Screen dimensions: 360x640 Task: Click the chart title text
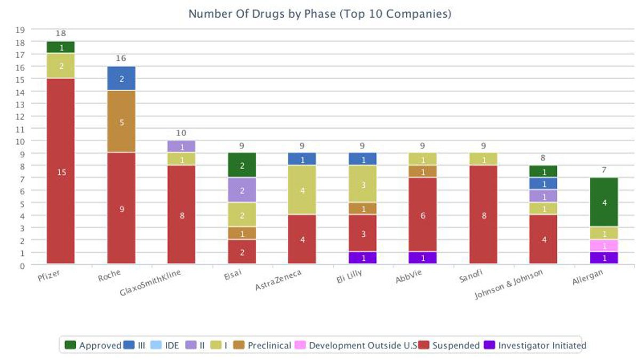tap(320, 14)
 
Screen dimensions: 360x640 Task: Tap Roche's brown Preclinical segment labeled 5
tap(121, 122)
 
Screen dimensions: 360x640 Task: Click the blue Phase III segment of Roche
tap(121, 78)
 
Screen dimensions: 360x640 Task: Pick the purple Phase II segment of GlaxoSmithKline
tap(181, 147)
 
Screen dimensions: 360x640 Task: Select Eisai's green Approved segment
tap(242, 165)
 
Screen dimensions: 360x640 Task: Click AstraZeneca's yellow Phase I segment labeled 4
tap(302, 190)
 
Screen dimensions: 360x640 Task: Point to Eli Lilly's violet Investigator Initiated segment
tap(363, 258)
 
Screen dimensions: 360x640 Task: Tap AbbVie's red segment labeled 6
tap(423, 214)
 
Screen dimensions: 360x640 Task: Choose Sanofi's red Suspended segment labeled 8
tap(483, 214)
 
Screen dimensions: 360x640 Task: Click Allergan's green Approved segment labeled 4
tap(604, 202)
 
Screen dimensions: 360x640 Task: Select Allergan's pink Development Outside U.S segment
tap(604, 246)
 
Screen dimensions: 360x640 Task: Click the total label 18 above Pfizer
tap(60, 34)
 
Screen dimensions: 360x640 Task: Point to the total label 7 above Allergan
tap(604, 169)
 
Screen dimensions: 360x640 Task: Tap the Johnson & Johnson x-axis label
tap(509, 285)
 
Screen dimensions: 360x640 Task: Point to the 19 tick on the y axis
tap(20, 29)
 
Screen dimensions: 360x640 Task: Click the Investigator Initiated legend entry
tap(535, 346)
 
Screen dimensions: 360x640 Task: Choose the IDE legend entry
tap(165, 346)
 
